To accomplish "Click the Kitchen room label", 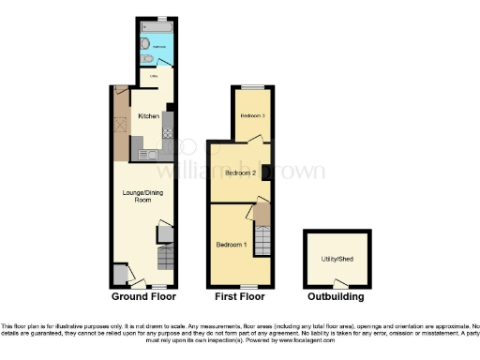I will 148,116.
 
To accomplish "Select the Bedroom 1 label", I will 232,245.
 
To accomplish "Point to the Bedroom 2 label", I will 240,173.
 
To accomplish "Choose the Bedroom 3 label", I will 252,116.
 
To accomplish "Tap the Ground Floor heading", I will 144,296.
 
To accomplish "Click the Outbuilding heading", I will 334,296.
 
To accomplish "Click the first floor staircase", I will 262,225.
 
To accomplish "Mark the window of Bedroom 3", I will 252,88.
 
